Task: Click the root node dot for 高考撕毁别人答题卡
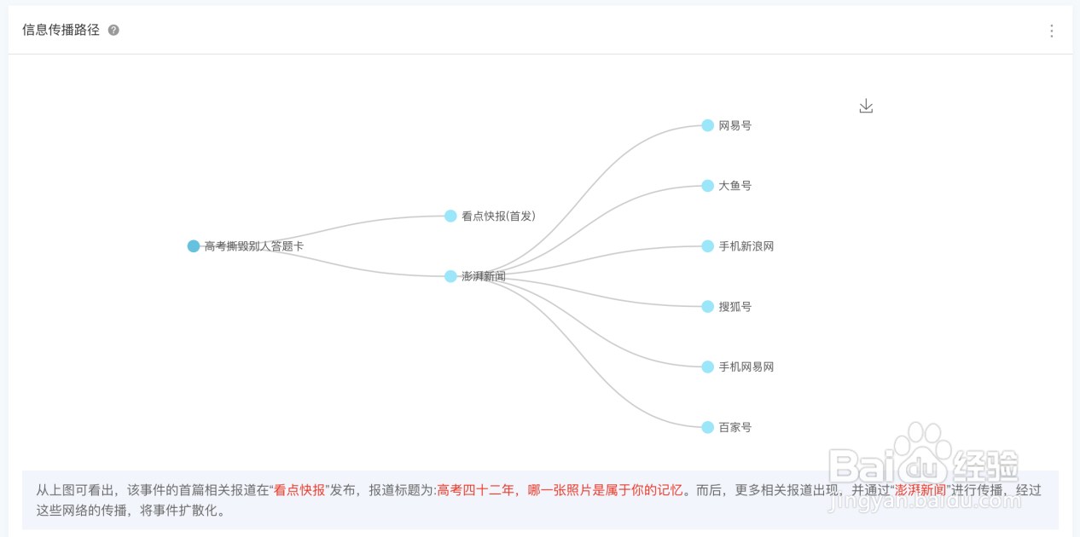[x=194, y=246]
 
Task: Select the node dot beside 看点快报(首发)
[x=450, y=217]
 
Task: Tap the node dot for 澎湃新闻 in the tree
[x=450, y=276]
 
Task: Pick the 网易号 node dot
[x=707, y=125]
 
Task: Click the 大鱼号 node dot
[x=707, y=186]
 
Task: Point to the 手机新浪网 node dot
[x=707, y=246]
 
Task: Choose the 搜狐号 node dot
[x=707, y=307]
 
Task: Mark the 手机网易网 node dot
[x=707, y=367]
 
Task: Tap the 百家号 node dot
[x=707, y=427]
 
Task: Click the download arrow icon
[x=866, y=106]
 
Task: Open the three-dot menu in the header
[x=1051, y=31]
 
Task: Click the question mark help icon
[x=113, y=31]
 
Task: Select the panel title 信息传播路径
[x=61, y=31]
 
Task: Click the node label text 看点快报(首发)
[x=498, y=217]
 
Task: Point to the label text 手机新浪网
[x=746, y=246]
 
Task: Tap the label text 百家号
[x=735, y=427]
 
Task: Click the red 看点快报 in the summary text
[x=299, y=490]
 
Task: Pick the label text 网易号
[x=735, y=125]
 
